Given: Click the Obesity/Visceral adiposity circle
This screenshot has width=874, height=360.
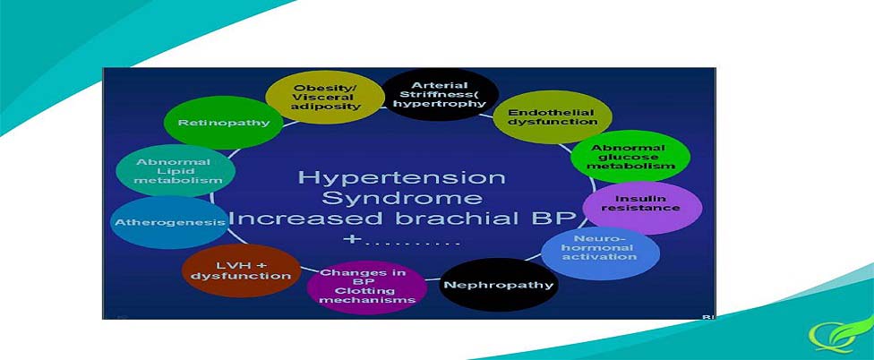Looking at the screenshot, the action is pyautogui.click(x=326, y=97).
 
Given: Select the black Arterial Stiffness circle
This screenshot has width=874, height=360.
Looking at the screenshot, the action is pyautogui.click(x=440, y=94).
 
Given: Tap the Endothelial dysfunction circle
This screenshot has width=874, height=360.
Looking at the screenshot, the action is pyautogui.click(x=553, y=117).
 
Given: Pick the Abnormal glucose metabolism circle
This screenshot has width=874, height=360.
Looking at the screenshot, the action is pyautogui.click(x=630, y=157).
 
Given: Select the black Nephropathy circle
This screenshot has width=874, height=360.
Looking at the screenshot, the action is pyautogui.click(x=499, y=286).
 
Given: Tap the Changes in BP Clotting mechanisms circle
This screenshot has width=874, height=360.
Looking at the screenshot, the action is pyautogui.click(x=367, y=287).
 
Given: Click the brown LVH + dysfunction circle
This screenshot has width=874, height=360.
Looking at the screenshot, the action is pyautogui.click(x=242, y=270).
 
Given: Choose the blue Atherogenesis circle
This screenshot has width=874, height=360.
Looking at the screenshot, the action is pyautogui.click(x=170, y=222).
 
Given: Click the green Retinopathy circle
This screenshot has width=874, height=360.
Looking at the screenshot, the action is pyautogui.click(x=224, y=123).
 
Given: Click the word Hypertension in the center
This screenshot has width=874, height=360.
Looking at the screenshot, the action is pyautogui.click(x=401, y=178).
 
